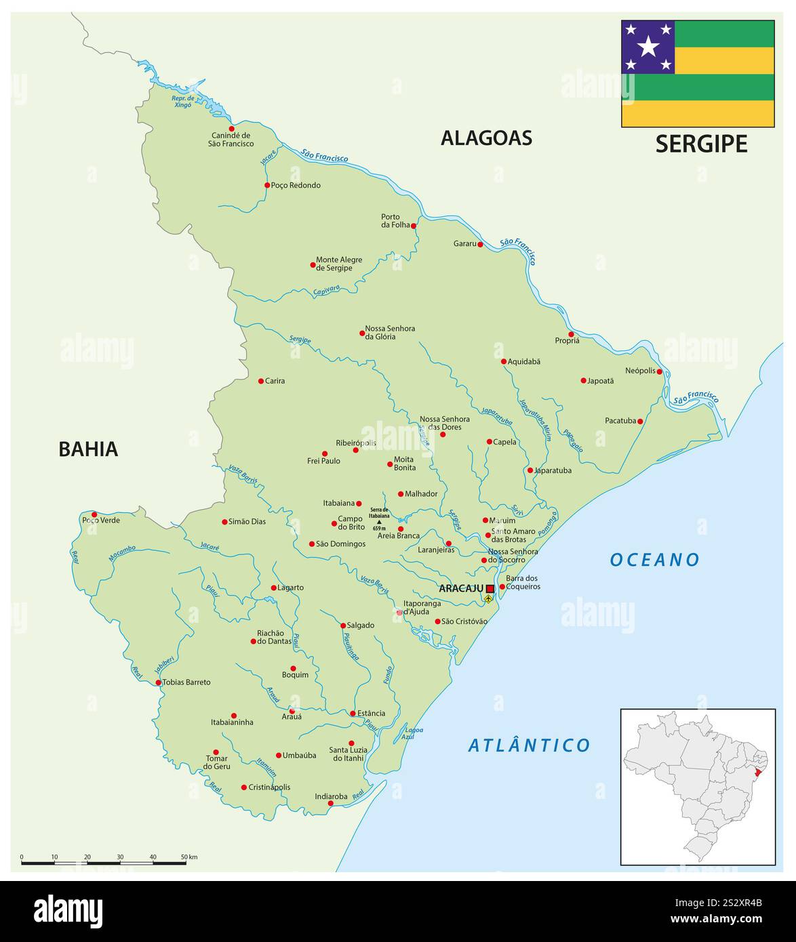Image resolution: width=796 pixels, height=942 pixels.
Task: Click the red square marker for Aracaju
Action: (490, 588)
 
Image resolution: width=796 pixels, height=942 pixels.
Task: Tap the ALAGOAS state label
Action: (486, 138)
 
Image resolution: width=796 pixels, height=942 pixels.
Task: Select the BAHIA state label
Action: (88, 449)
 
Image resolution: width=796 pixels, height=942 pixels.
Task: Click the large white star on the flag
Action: (648, 47)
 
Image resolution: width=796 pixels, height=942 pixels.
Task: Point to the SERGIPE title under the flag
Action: (701, 144)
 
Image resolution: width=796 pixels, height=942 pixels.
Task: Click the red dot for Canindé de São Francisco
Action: (231, 128)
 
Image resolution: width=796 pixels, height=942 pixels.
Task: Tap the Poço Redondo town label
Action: (296, 185)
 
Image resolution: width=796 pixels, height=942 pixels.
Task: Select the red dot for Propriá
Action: (571, 334)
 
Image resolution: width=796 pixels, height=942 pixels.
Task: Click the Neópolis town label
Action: (640, 371)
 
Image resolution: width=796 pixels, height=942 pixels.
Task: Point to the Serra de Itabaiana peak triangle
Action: (379, 522)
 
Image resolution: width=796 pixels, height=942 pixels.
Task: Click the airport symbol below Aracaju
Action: (489, 599)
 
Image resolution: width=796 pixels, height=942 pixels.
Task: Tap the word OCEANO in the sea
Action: (654, 560)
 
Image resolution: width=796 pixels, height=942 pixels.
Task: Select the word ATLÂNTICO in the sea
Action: (530, 745)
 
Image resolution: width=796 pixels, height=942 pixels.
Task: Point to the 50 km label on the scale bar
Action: (188, 857)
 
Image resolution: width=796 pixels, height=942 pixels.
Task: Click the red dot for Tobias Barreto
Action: (158, 682)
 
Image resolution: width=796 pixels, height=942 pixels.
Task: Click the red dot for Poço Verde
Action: (94, 514)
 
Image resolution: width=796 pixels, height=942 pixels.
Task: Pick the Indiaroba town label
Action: (331, 796)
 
